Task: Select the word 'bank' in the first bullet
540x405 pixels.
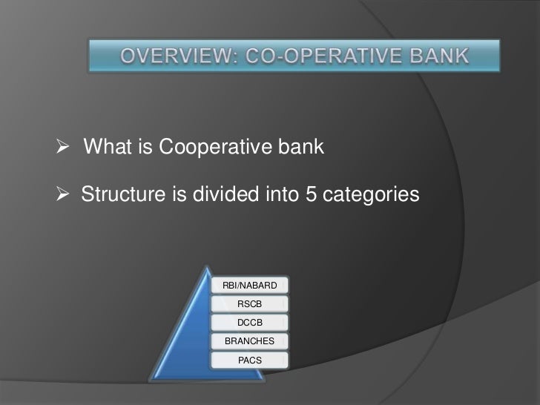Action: coord(302,148)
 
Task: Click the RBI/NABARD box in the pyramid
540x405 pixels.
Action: coord(249,286)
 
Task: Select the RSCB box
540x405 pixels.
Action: coord(249,304)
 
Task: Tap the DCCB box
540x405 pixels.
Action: coord(249,323)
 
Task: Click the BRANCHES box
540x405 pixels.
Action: coord(249,341)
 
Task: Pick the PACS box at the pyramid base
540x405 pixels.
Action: coord(249,360)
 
